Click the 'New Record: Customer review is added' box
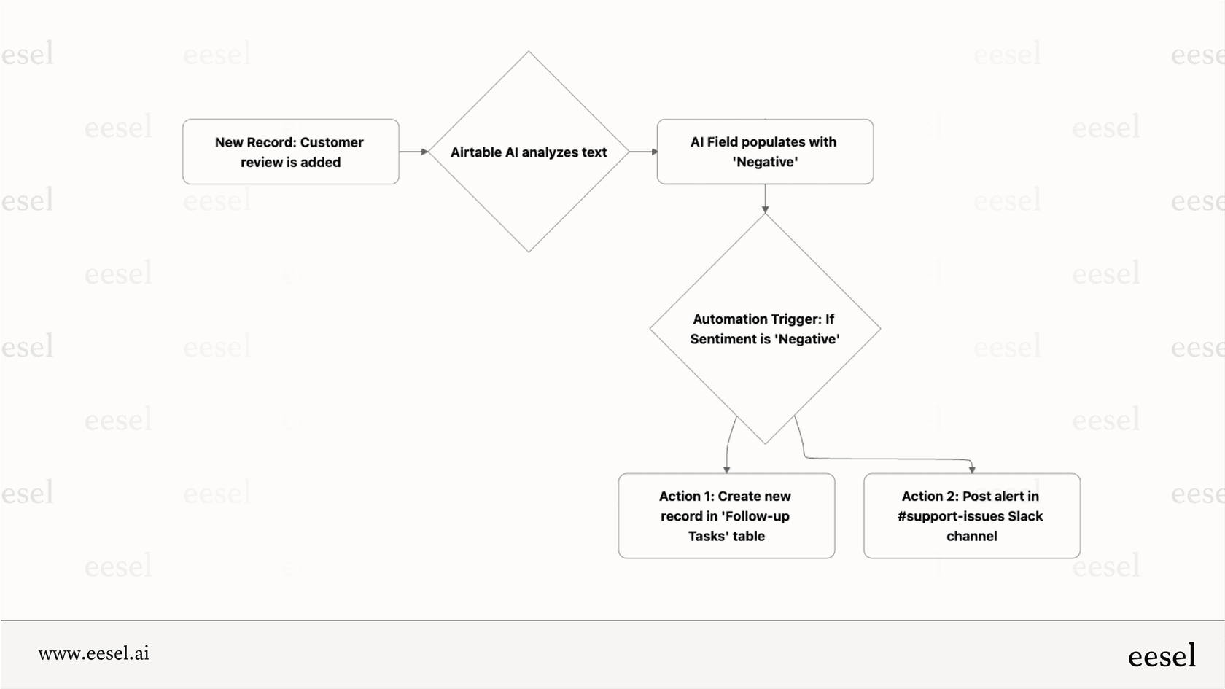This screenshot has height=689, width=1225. pos(290,152)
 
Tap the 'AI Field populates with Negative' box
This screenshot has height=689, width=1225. pos(765,152)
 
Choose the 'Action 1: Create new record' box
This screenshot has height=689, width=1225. pos(726,516)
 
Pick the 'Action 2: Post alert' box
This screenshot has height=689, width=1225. pos(971,516)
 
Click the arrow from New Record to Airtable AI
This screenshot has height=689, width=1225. pos(413,152)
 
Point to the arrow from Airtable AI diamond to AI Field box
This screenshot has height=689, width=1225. pos(643,152)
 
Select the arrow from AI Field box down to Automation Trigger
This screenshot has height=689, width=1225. pos(765,198)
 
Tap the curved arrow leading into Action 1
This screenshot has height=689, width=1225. pos(728,445)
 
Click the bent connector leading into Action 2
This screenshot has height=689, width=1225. pos(890,459)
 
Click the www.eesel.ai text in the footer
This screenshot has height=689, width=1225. pos(94,653)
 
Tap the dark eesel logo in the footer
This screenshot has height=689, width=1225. pos(1162,655)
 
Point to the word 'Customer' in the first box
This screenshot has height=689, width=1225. pos(331,142)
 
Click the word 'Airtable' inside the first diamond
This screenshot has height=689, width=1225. pos(476,152)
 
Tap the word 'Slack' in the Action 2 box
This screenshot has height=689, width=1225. pos(1024,516)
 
